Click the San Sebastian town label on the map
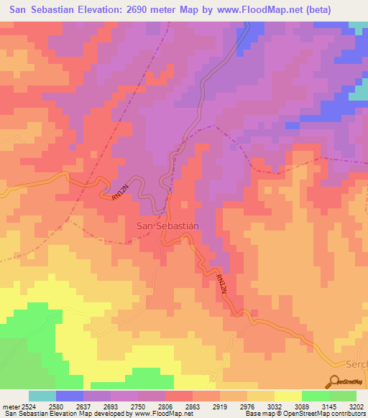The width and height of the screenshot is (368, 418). pyautogui.click(x=167, y=226)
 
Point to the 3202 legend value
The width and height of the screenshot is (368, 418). pyautogui.click(x=355, y=407)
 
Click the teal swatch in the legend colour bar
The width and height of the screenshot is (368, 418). pyautogui.click(x=42, y=396)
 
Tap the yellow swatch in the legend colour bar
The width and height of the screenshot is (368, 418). pyautogui.click(x=287, y=396)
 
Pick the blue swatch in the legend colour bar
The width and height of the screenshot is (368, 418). pyautogui.click(x=69, y=396)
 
